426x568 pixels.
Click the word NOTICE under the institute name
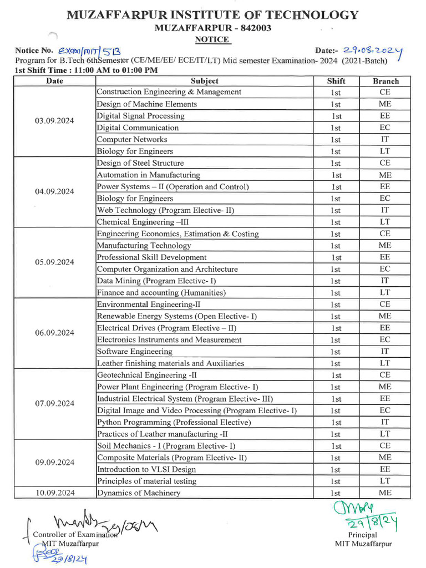[x=212, y=39]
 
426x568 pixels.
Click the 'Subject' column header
[x=204, y=81]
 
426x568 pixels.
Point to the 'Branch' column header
[x=386, y=81]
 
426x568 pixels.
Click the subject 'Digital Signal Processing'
[x=140, y=116]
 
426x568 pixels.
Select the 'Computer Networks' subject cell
[x=132, y=139]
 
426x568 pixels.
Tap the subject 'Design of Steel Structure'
[x=140, y=163]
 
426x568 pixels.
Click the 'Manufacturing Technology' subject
[x=144, y=245]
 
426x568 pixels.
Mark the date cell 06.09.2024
[x=54, y=333]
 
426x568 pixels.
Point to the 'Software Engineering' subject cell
[x=135, y=352]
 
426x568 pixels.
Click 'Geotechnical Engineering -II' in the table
[x=143, y=375]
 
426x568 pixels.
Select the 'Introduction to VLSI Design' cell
[x=146, y=469]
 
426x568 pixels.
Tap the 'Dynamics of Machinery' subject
[x=139, y=493]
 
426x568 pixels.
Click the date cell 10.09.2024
[x=54, y=493]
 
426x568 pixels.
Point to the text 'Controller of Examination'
[x=75, y=535]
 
